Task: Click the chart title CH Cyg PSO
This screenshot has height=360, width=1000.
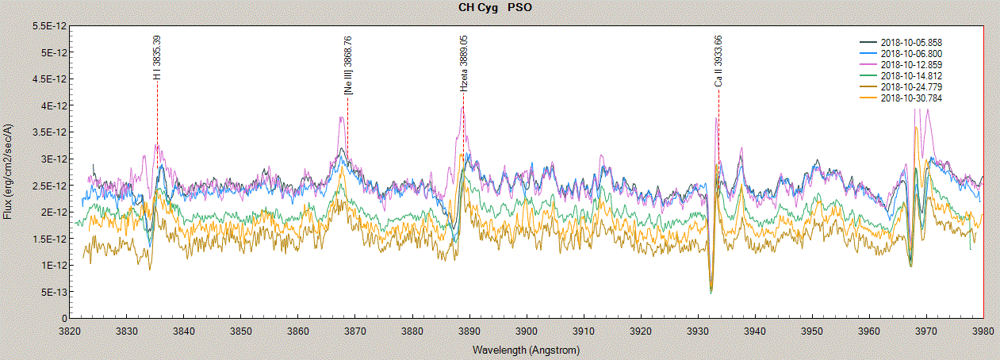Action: point(495,8)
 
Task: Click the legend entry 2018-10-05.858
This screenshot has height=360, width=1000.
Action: point(911,42)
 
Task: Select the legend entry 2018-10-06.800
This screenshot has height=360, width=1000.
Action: point(911,53)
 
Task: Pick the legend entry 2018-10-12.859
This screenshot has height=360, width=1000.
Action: point(911,64)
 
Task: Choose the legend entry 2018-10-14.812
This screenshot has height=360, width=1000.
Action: point(911,75)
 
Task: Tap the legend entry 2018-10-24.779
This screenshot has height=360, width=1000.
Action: point(911,86)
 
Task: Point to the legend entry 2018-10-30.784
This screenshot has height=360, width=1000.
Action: point(911,98)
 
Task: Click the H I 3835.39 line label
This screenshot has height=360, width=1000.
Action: point(157,57)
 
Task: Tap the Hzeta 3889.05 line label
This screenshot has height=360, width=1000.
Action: point(464,63)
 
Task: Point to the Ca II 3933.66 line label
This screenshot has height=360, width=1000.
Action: point(718,61)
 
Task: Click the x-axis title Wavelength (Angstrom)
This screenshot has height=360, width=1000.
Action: point(526,350)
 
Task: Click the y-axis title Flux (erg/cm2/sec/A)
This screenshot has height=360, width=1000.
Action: point(8,171)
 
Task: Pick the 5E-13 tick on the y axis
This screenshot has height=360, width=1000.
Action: point(50,292)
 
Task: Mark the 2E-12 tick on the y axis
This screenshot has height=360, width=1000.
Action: point(52,212)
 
